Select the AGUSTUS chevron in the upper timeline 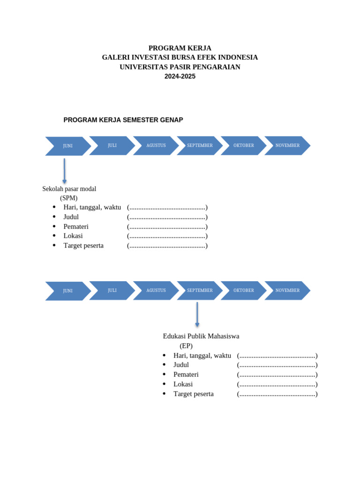[x=156, y=145]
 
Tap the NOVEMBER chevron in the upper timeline [x=287, y=145]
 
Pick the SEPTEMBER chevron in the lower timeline [x=200, y=290]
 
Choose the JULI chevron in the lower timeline [x=112, y=290]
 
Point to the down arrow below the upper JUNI [x=64, y=171]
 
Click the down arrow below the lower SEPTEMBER [x=197, y=315]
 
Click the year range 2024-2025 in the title [x=180, y=76]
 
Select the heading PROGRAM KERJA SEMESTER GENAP [x=123, y=120]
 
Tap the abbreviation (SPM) [x=69, y=198]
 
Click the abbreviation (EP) [x=186, y=346]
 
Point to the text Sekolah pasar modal [x=69, y=189]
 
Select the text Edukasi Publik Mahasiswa [x=201, y=336]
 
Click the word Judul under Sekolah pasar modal [x=71, y=217]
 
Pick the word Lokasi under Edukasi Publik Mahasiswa [x=183, y=384]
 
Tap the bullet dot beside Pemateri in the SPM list [x=54, y=226]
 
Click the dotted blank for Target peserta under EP [x=277, y=394]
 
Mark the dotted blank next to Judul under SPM [x=167, y=217]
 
